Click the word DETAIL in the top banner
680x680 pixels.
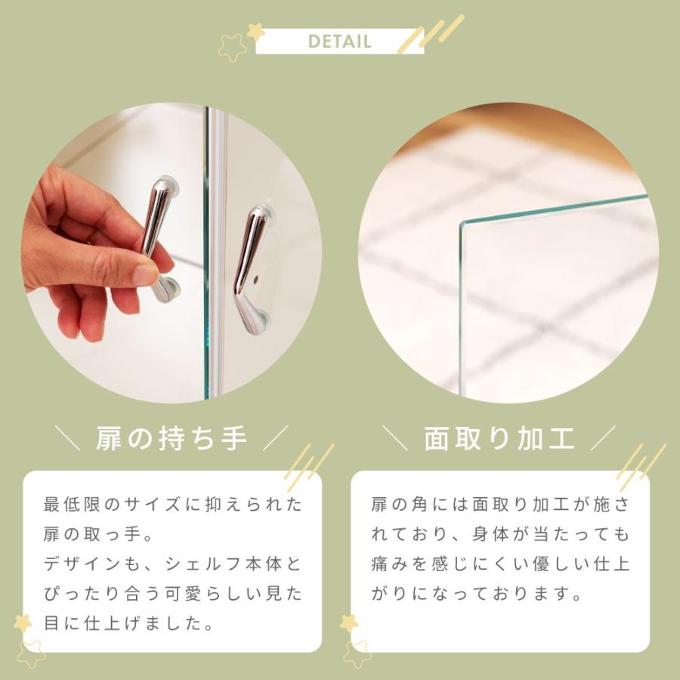(339, 41)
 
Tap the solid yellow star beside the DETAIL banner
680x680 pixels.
(255, 32)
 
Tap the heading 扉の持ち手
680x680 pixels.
(172, 438)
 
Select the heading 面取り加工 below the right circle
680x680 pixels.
(499, 438)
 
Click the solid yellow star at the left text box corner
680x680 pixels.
(23, 623)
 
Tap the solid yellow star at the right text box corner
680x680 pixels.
(349, 623)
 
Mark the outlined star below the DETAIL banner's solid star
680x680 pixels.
(233, 48)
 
